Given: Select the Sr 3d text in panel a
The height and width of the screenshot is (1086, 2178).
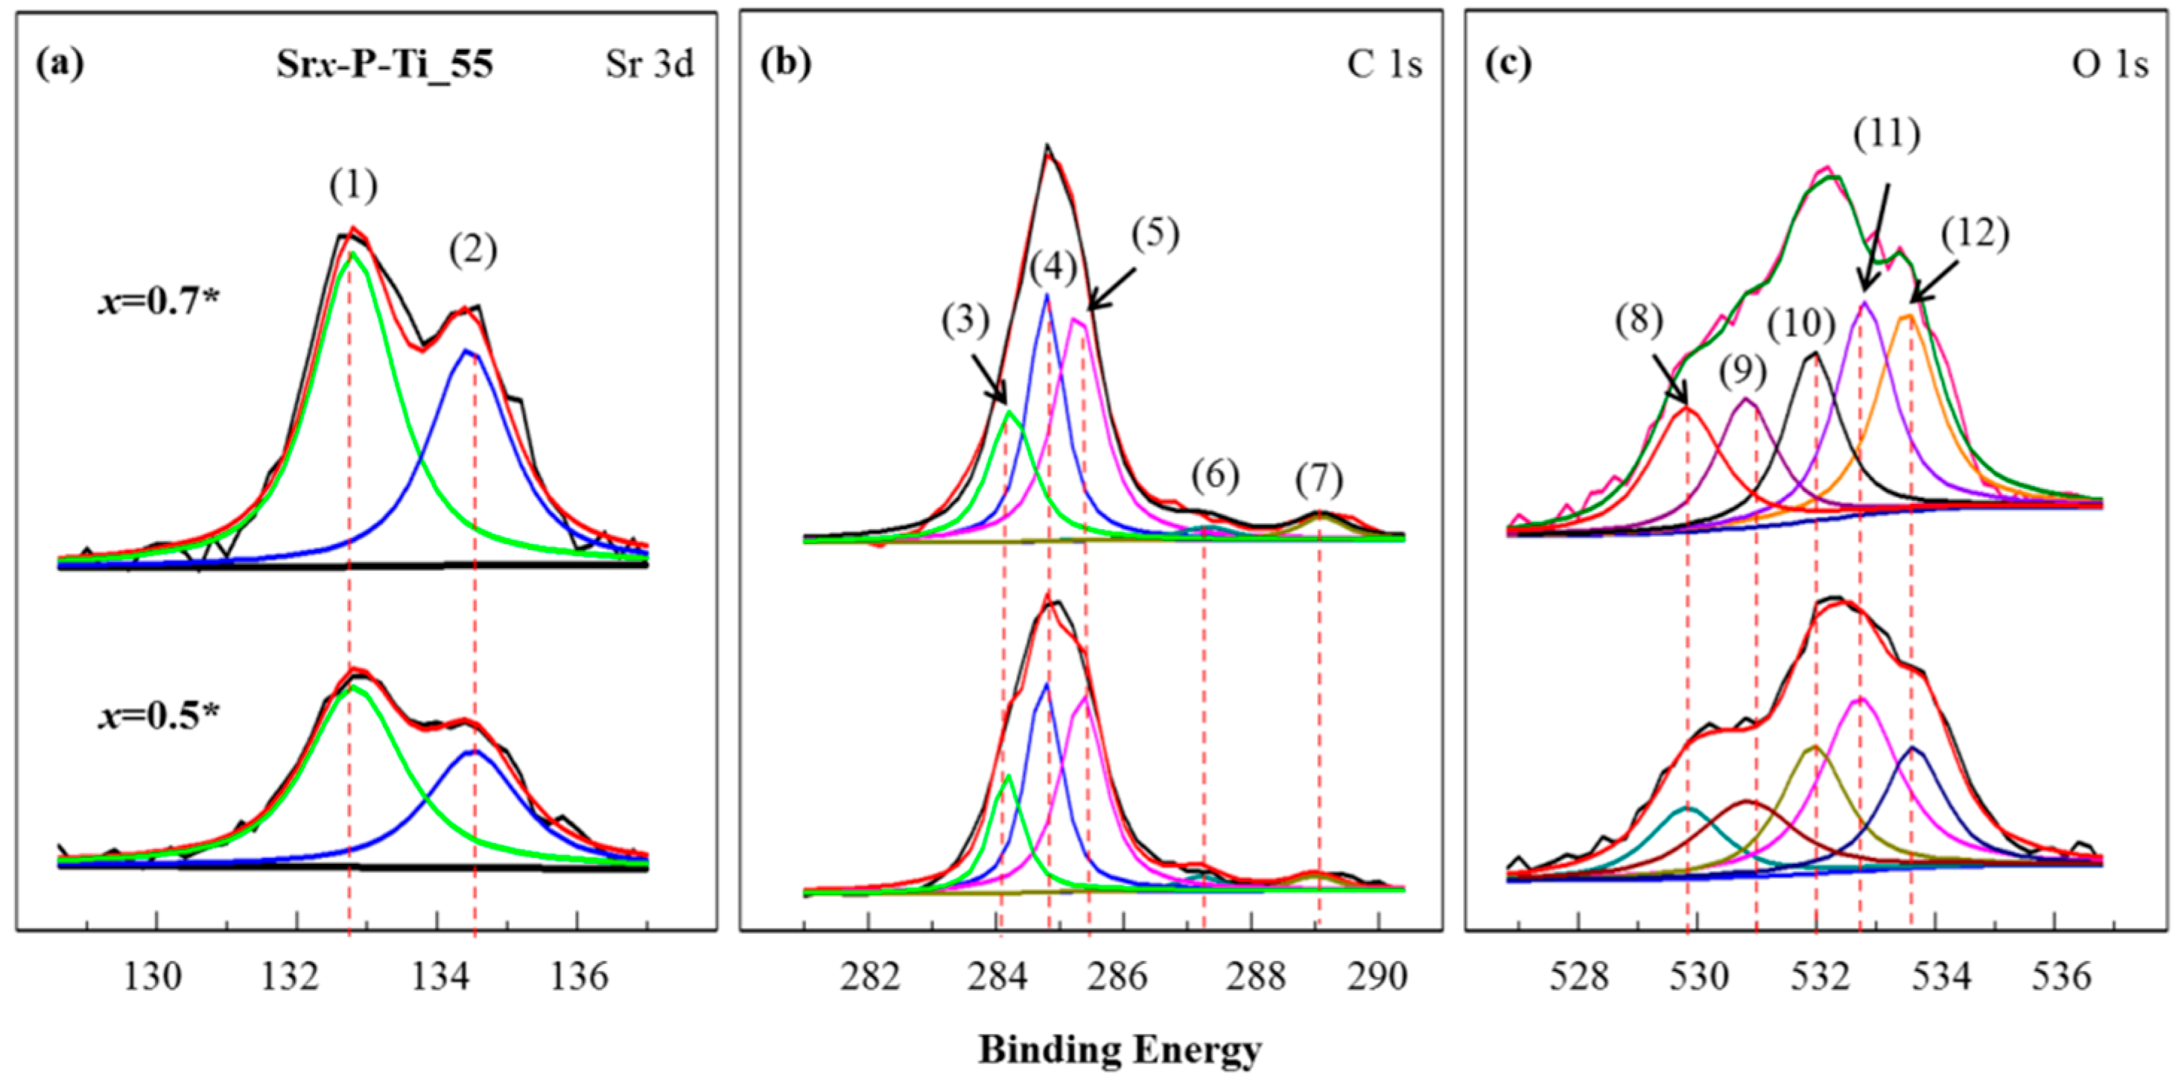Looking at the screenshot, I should (650, 65).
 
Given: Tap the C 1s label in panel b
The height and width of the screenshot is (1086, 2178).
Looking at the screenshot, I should (1384, 65).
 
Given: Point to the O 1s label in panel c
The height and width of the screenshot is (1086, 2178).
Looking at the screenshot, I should (2110, 65).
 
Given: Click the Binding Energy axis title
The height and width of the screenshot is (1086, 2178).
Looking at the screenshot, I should (1120, 1049).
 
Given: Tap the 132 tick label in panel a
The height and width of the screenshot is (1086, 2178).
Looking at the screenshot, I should (296, 977).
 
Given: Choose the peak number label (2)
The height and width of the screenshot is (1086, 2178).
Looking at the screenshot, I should (474, 250).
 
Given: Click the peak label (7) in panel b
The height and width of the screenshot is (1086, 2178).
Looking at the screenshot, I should (1319, 481).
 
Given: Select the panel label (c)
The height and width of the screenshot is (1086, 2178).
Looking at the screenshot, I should (1508, 65).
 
